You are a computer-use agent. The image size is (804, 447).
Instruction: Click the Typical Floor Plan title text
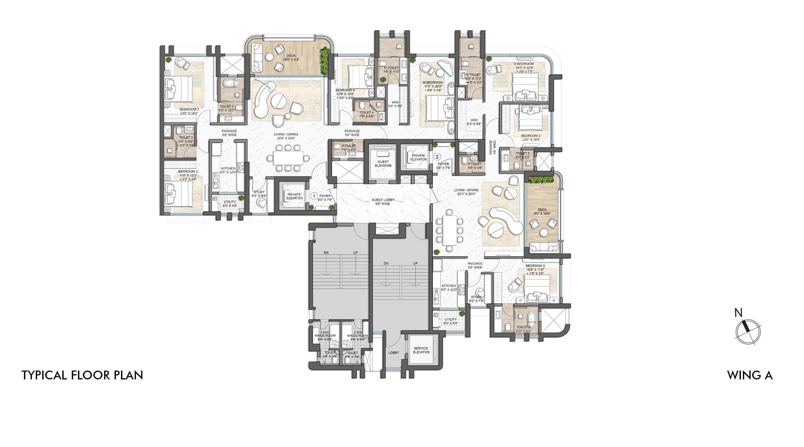pos(82,375)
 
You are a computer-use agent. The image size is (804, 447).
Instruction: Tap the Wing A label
pos(750,375)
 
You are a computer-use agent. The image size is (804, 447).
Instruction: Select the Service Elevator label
pos(421,350)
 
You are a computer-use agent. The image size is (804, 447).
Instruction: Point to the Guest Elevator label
pos(383,164)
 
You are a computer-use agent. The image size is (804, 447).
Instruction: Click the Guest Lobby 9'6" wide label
pos(383,202)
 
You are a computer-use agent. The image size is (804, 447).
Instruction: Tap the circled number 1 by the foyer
pos(314,196)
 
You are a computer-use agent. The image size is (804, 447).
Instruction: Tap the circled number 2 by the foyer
pos(437,157)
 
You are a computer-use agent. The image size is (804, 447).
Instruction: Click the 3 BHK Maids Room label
pos(325,336)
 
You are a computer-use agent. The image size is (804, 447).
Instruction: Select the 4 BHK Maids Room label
pos(357,336)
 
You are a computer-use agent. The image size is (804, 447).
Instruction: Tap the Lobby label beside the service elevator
pos(394,352)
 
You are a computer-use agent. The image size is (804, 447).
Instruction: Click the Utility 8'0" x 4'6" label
pos(230,204)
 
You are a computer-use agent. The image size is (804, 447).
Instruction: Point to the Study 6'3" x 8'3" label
pos(259,194)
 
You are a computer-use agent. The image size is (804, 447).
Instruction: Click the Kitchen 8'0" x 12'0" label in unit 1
pos(228,170)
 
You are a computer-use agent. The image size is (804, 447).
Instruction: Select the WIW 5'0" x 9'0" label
pos(395,104)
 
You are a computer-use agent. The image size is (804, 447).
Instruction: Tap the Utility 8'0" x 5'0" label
pos(450,321)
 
